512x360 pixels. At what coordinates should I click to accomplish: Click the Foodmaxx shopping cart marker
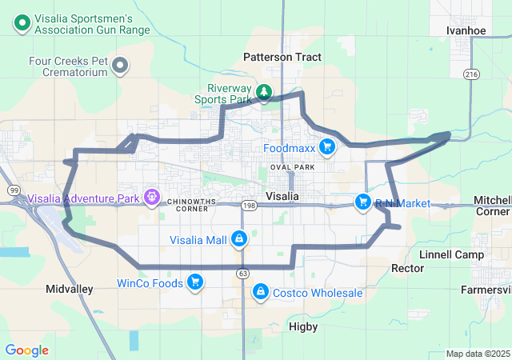pyautogui.click(x=326, y=146)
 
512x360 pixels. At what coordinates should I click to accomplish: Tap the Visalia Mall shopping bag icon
pyautogui.click(x=238, y=239)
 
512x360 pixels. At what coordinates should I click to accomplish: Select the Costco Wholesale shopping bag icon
pyautogui.click(x=260, y=292)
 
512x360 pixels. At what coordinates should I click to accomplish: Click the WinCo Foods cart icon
pyautogui.click(x=194, y=282)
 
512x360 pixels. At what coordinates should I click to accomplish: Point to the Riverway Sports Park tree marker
pyautogui.click(x=264, y=94)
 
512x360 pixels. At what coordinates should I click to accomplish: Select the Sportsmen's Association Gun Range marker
pyautogui.click(x=22, y=25)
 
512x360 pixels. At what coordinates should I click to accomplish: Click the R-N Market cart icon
pyautogui.click(x=363, y=203)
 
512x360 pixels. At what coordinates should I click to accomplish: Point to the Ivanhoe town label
pyautogui.click(x=466, y=30)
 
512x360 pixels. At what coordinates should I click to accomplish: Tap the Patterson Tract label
pyautogui.click(x=282, y=57)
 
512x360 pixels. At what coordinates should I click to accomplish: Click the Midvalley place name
pyautogui.click(x=70, y=288)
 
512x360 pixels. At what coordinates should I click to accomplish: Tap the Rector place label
pyautogui.click(x=406, y=268)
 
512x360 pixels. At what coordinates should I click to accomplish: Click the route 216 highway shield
pyautogui.click(x=470, y=74)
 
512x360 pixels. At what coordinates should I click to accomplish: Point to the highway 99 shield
pyautogui.click(x=14, y=190)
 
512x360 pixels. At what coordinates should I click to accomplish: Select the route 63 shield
pyautogui.click(x=242, y=274)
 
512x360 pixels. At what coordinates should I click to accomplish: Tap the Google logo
pyautogui.click(x=26, y=350)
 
